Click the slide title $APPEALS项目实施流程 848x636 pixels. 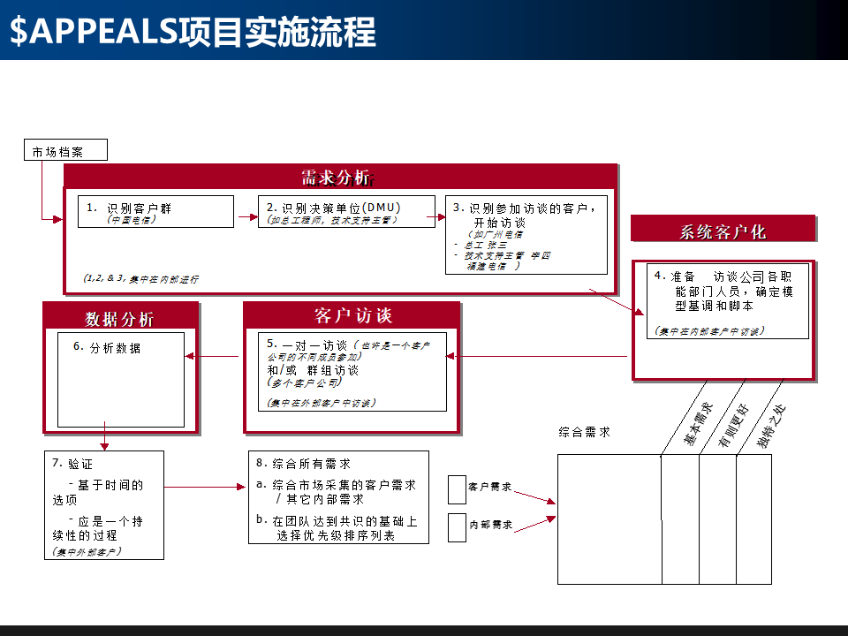(193, 31)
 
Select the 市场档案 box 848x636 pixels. (64, 151)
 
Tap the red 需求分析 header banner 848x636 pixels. (337, 177)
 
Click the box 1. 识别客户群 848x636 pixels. (155, 212)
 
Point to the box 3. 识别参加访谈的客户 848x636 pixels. (526, 235)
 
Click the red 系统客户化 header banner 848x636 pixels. (722, 231)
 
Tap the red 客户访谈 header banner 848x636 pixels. (352, 316)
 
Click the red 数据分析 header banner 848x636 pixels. (120, 318)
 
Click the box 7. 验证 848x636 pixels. (104, 504)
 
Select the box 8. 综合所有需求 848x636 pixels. (338, 496)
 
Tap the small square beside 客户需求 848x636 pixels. (457, 488)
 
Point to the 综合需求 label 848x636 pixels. (584, 433)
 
